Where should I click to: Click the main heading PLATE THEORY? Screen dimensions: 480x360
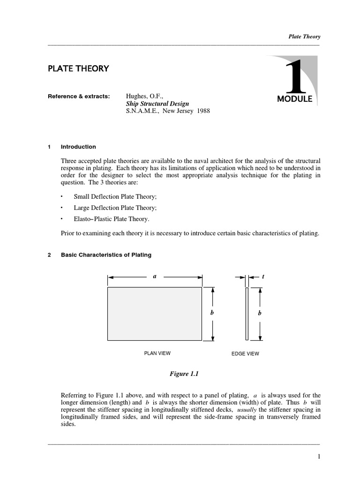(x=78, y=68)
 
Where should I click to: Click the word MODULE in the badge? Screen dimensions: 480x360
(x=294, y=99)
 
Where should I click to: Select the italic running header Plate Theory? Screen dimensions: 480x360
(x=304, y=37)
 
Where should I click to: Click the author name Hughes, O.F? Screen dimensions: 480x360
(x=143, y=96)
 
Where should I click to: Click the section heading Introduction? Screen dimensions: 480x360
(x=78, y=147)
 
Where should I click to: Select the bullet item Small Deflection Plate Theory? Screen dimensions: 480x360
(x=115, y=196)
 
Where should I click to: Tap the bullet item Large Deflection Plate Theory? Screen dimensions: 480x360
(x=115, y=208)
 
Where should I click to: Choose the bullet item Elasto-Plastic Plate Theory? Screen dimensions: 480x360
(x=112, y=219)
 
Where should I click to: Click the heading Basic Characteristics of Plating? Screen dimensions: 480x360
(x=106, y=255)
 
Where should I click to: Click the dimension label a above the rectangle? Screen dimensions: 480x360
(x=154, y=277)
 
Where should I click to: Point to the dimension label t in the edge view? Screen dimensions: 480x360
(x=263, y=277)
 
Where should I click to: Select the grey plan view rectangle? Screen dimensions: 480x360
(x=155, y=314)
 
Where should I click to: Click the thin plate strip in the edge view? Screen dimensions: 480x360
(x=247, y=314)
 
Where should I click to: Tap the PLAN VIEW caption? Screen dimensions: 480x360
(x=157, y=353)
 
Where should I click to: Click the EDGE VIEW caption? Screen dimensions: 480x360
(x=245, y=353)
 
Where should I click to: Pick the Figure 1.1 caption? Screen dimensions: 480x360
(x=185, y=374)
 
